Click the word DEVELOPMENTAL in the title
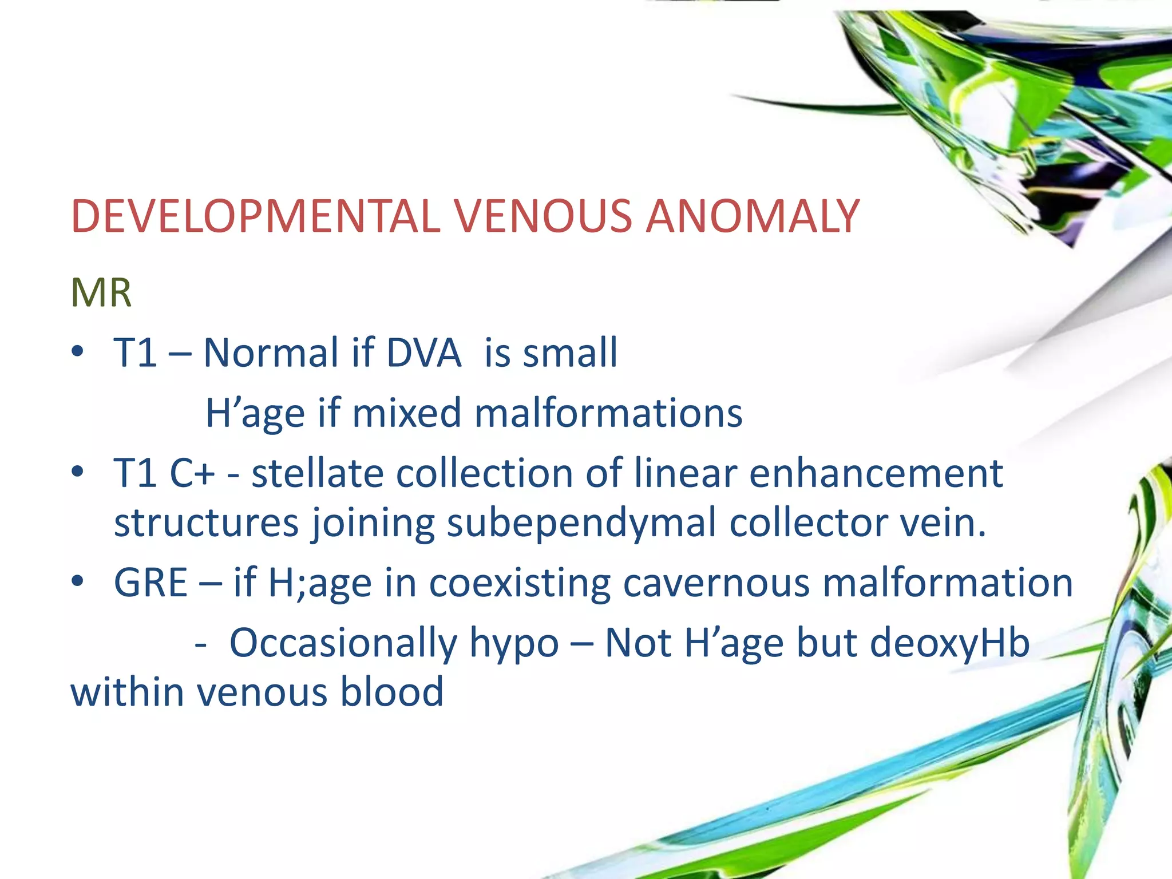click(255, 217)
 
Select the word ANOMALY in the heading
click(753, 217)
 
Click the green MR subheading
click(101, 293)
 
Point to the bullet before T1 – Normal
click(78, 351)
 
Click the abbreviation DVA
click(423, 353)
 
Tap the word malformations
click(608, 413)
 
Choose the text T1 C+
click(164, 474)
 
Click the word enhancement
click(876, 474)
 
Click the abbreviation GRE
click(151, 583)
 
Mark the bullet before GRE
click(78, 582)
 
